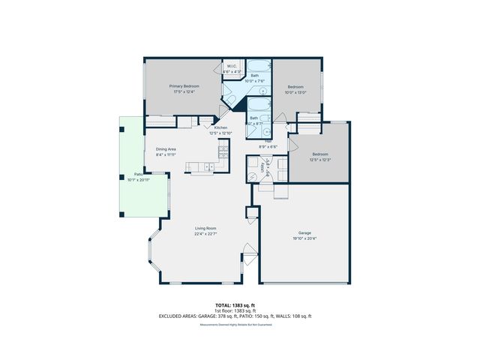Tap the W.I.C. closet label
tap(232, 67)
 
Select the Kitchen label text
tap(220, 127)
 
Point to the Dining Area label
tap(166, 149)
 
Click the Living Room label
tap(205, 228)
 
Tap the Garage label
tap(304, 232)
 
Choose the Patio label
tap(138, 175)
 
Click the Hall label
tap(268, 140)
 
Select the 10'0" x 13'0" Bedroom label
tap(295, 87)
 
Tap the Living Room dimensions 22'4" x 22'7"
tap(205, 233)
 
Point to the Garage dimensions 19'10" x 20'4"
tap(304, 238)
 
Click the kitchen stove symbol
tap(222, 152)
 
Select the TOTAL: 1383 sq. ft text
tap(235, 306)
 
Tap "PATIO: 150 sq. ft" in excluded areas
tap(259, 316)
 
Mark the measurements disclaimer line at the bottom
tap(235, 324)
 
